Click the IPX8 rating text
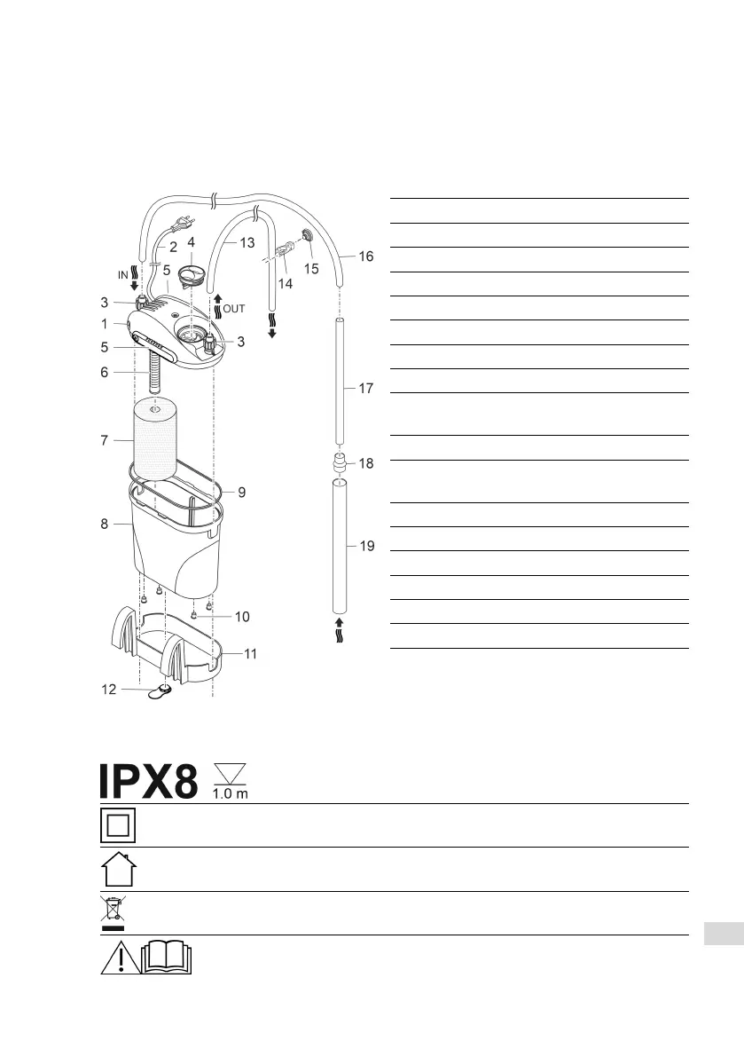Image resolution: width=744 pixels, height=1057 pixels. pos(149,782)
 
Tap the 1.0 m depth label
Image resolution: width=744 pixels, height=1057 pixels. pos(231,794)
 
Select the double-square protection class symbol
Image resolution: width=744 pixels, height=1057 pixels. pos(118,825)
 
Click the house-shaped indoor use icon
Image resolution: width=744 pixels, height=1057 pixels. pos(119,870)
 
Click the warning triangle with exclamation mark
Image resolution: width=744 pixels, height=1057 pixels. pos(121,958)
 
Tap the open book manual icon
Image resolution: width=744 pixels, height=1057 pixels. pos(167,958)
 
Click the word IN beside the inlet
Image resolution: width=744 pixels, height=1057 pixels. pos(122,275)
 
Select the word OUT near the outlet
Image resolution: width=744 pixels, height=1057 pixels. pos(234,309)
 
